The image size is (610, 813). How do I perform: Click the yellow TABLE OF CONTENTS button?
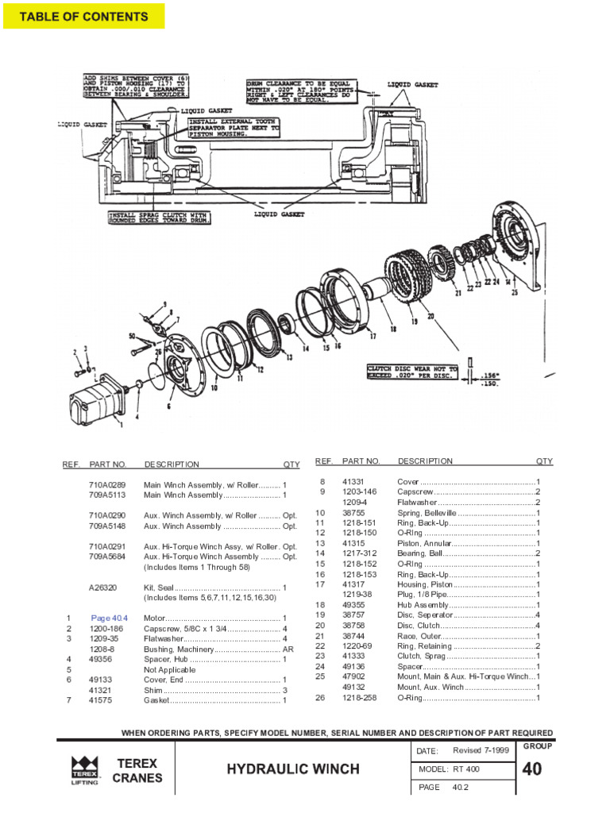point(83,17)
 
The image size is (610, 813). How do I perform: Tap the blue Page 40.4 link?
point(109,618)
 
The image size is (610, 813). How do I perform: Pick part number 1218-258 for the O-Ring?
point(357,698)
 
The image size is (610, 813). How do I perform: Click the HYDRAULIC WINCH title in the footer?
point(293,769)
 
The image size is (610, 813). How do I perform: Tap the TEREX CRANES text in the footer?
point(137,770)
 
